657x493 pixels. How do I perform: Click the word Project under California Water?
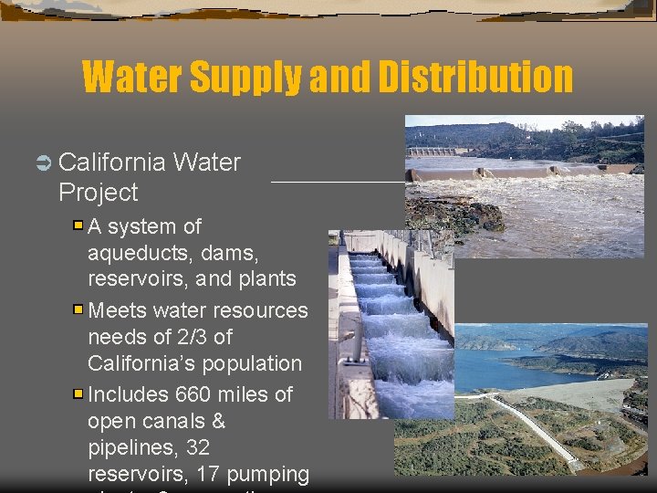tap(98, 193)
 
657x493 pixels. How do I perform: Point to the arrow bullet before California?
tap(43, 163)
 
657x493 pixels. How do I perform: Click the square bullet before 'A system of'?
tap(79, 226)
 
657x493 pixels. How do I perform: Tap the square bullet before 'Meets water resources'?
tap(79, 310)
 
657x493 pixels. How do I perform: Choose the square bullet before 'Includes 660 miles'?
tap(79, 394)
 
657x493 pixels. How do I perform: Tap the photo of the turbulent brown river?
tap(524, 186)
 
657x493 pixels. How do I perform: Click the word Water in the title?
tap(134, 77)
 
